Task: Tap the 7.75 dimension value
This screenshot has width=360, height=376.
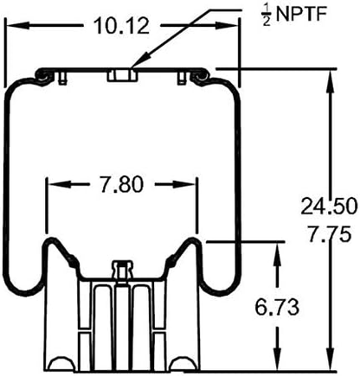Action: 326,233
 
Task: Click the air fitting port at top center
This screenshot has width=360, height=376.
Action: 122,77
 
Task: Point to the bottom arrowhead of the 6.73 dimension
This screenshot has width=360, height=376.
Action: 276,363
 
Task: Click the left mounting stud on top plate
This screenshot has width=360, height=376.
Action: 67,80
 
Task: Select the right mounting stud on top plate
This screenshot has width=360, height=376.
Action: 179,80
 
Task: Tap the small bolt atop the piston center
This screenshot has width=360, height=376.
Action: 122,269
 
